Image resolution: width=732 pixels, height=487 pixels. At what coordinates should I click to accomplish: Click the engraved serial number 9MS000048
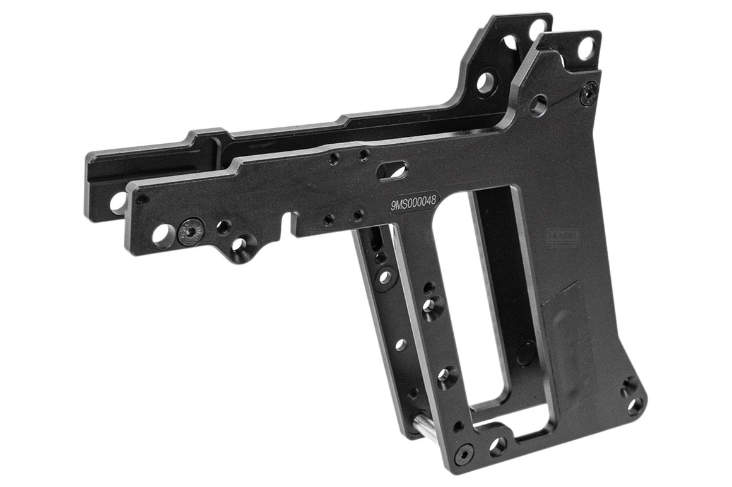(x=415, y=204)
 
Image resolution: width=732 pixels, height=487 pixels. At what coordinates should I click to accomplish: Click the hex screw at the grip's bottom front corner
(x=465, y=452)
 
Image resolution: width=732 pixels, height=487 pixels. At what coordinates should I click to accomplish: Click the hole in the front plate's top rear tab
(x=586, y=47)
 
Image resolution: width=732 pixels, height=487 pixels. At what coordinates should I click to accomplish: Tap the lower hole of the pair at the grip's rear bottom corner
(x=636, y=404)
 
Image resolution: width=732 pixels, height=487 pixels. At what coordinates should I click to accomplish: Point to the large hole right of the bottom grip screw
(x=498, y=447)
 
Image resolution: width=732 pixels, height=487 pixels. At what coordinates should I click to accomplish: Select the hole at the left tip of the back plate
(x=117, y=202)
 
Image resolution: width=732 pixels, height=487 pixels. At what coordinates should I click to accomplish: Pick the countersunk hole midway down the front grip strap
(x=432, y=306)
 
